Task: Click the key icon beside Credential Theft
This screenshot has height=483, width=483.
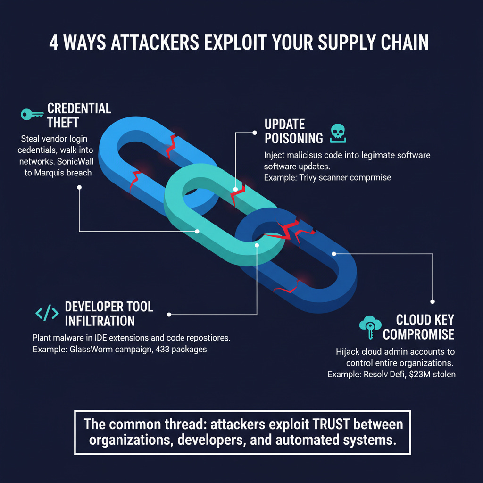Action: tap(33, 114)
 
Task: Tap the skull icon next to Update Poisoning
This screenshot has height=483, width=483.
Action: tap(338, 133)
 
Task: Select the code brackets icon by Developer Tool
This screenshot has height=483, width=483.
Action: tap(47, 313)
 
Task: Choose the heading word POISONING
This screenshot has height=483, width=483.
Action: tap(293, 138)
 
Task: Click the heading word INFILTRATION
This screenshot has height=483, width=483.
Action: tap(100, 321)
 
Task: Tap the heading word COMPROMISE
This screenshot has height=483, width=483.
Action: tap(418, 334)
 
